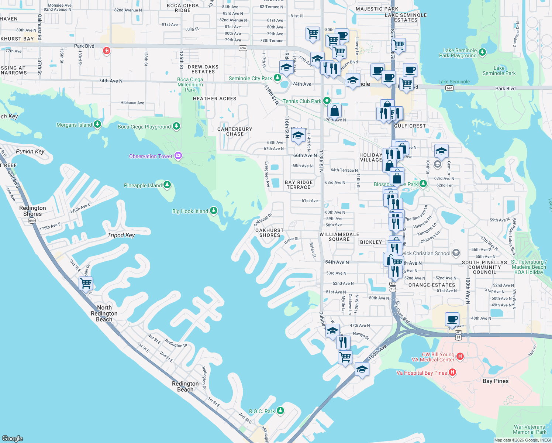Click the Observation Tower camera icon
(178, 156)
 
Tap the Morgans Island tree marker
(97, 124)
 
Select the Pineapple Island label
(143, 185)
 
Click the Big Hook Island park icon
(214, 211)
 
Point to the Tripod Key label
(121, 235)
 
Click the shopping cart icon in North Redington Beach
(86, 284)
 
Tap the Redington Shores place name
(32, 211)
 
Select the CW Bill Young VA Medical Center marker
(460, 356)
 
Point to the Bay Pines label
(495, 381)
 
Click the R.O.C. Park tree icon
(280, 411)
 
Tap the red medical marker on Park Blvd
(107, 51)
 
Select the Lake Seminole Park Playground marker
(482, 53)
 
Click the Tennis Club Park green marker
(327, 100)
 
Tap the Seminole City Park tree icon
(277, 78)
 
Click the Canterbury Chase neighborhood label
(235, 131)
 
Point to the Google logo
(12, 438)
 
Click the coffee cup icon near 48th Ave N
(452, 319)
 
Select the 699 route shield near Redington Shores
(32, 221)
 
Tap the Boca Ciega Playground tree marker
(176, 126)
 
